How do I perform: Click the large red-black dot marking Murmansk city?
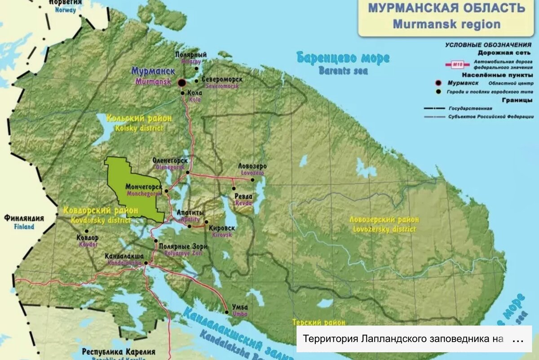pyautogui.click(x=181, y=83)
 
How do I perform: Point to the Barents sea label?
pyautogui.click(x=343, y=63)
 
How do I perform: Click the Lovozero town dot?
pyautogui.click(x=252, y=180)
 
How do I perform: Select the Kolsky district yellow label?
pyautogui.click(x=139, y=122)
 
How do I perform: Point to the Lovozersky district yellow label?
pyautogui.click(x=384, y=224)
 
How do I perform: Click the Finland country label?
pyautogui.click(x=24, y=222)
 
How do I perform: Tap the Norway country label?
pyautogui.click(x=65, y=5)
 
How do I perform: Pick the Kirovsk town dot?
pyautogui.click(x=206, y=222)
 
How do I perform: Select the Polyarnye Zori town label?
pyautogui.click(x=183, y=249)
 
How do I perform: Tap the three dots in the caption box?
pyautogui.click(x=518, y=339)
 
